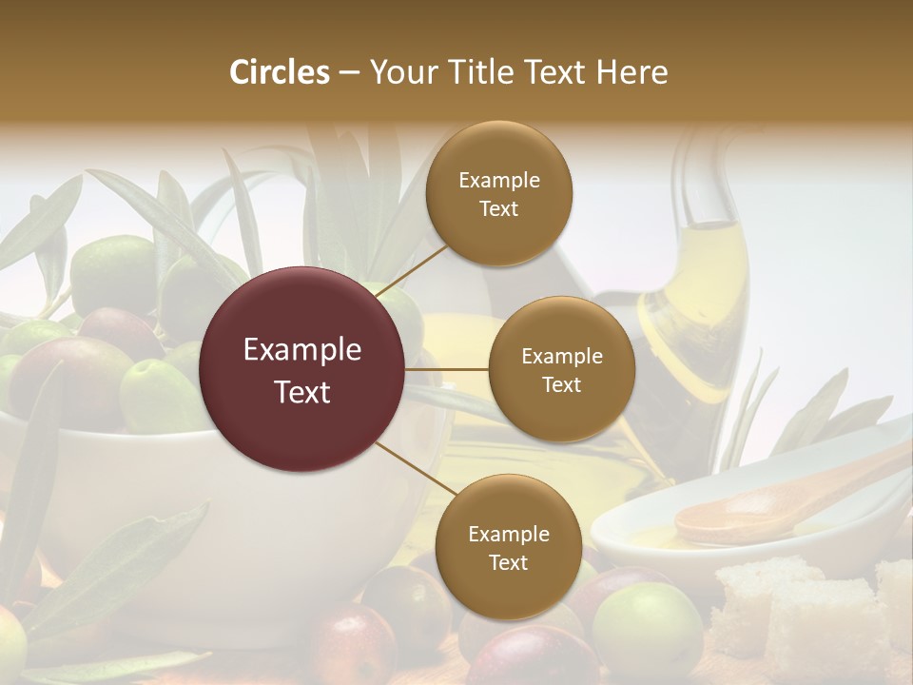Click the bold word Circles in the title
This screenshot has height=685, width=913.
279,72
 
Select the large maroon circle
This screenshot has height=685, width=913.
302,369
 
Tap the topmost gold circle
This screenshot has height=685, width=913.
498,194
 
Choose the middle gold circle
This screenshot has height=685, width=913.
561,369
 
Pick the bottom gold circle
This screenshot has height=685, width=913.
508,547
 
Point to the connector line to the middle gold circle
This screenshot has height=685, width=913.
447,369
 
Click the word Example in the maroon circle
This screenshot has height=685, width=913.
302,350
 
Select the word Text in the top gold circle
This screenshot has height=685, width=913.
498,209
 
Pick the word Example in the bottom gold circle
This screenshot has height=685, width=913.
508,534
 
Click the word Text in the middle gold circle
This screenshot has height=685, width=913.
561,384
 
